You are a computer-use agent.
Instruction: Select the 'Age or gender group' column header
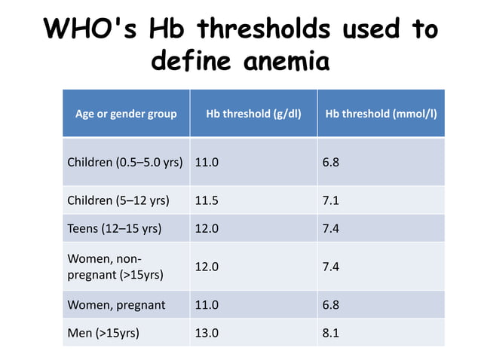click(126, 114)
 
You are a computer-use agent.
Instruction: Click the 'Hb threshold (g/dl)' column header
click(253, 114)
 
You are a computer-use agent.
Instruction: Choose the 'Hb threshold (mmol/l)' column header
click(381, 114)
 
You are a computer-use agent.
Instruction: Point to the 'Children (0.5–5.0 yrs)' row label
click(125, 163)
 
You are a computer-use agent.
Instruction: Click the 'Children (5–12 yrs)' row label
click(118, 201)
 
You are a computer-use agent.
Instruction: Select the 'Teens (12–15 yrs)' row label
click(115, 228)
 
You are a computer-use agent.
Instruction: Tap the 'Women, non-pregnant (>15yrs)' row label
click(116, 267)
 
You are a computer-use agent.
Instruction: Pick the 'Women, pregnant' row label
click(117, 305)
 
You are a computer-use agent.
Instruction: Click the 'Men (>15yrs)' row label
click(103, 332)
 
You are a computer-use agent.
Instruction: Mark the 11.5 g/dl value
click(207, 201)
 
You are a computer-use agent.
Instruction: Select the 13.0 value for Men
click(207, 332)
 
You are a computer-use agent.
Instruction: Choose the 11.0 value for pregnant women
click(207, 305)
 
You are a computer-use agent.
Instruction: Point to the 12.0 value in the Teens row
click(207, 228)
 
